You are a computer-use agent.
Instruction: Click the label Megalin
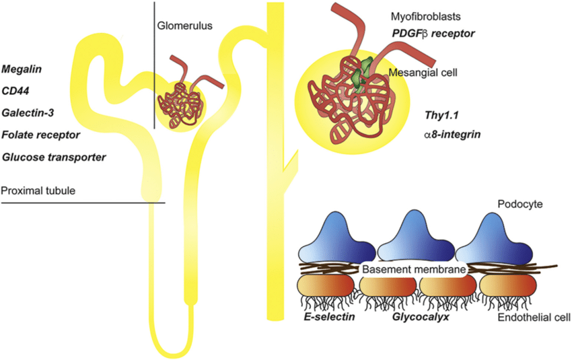(23, 69)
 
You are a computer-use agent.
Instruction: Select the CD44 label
(17, 91)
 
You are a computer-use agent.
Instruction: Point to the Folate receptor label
(41, 135)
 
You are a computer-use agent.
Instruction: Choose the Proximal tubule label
(38, 191)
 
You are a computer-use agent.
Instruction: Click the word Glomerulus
(186, 26)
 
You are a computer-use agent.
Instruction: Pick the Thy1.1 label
(440, 116)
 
